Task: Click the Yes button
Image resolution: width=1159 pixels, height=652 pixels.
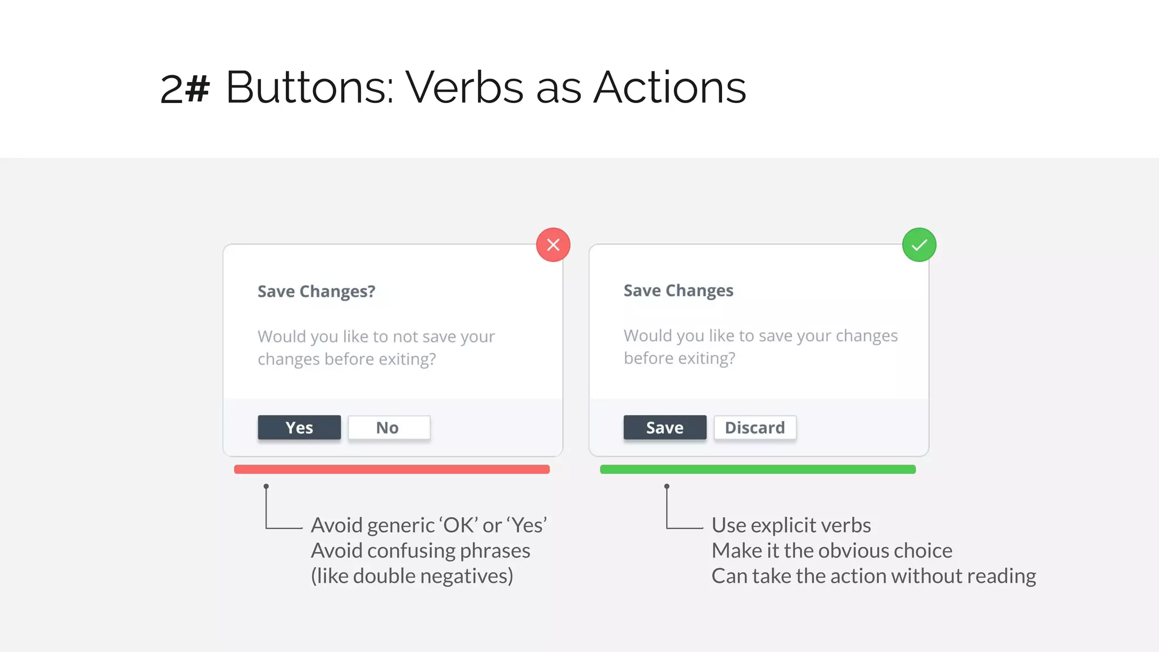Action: (x=299, y=427)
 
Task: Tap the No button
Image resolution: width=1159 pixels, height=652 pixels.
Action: (x=389, y=427)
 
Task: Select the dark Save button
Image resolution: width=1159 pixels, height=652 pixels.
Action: (x=665, y=427)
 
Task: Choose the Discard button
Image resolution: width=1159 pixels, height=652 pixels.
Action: (x=755, y=427)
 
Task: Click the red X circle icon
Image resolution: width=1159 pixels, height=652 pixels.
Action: (x=553, y=244)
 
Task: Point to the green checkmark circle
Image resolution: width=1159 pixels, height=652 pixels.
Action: (x=919, y=244)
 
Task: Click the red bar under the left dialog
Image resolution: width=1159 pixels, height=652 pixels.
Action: (x=392, y=469)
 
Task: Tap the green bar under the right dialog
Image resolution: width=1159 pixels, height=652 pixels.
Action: (x=758, y=469)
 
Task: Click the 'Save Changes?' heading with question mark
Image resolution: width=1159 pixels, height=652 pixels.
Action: (x=316, y=291)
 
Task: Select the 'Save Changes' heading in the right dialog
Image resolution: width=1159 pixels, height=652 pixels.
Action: (x=678, y=290)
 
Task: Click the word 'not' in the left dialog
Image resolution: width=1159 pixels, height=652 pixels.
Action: (x=405, y=337)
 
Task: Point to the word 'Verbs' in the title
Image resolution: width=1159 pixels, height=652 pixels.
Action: (x=464, y=88)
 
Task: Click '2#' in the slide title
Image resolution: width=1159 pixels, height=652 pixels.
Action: (x=185, y=89)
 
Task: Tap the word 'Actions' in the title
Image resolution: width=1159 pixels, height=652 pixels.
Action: (x=670, y=88)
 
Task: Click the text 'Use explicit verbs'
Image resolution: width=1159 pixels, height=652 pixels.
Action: (x=791, y=525)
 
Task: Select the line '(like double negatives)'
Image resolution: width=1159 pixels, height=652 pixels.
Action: (x=412, y=576)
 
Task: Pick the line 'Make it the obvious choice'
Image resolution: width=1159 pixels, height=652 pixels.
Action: (x=832, y=551)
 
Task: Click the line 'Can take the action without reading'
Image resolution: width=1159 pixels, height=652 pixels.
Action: (x=874, y=576)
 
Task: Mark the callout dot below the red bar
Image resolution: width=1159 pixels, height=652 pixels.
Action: (x=266, y=486)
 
